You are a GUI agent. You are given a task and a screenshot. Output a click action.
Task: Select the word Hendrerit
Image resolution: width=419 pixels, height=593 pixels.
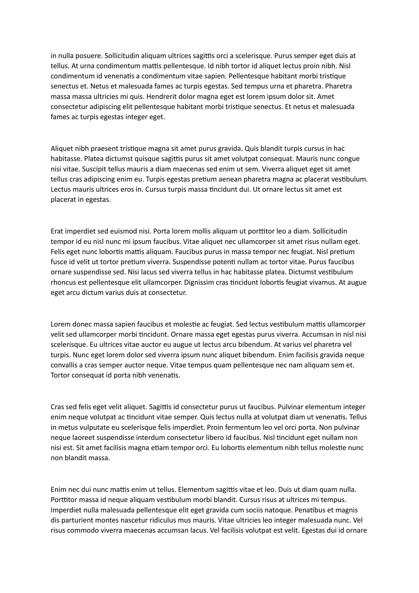[157, 97]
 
